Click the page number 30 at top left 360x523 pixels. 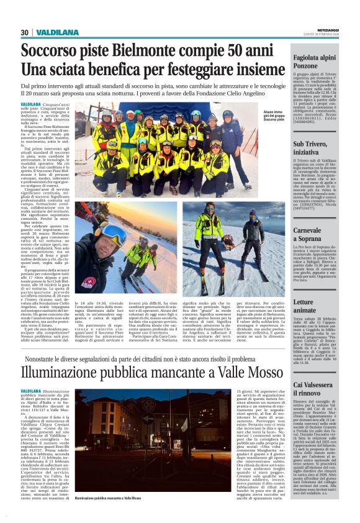coord(25,32)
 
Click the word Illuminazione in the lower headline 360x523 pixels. coord(77,371)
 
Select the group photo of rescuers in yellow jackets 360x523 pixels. coord(168,152)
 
